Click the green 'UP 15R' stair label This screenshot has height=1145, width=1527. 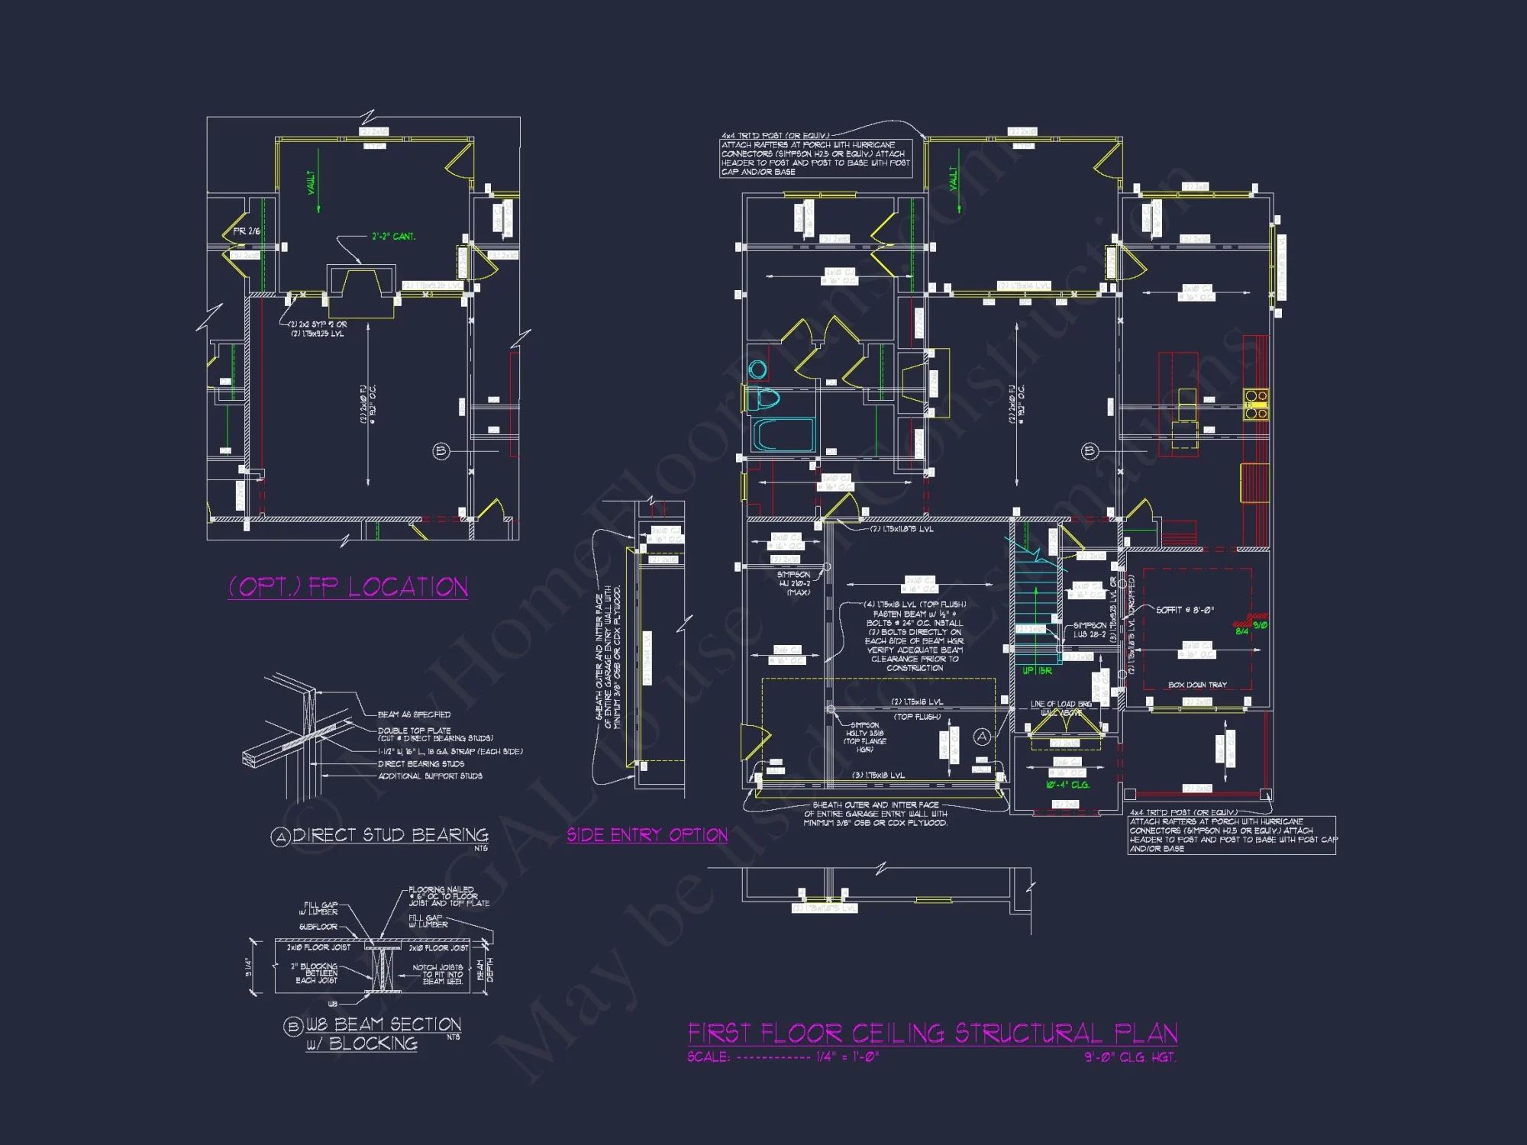tap(1037, 670)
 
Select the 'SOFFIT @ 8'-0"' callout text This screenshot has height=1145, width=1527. tap(1184, 610)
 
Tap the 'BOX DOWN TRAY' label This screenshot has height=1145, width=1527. tap(1196, 685)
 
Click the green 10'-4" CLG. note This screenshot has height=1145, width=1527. tap(1067, 785)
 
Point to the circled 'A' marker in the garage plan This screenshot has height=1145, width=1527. tap(982, 737)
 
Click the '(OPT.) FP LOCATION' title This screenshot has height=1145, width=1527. tap(348, 587)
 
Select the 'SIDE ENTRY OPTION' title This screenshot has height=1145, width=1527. tap(647, 835)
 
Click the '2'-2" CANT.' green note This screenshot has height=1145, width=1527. tap(393, 237)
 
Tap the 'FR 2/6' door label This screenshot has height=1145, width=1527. tap(247, 231)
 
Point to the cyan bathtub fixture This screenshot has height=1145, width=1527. tap(783, 435)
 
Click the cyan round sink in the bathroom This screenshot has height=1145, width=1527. tap(757, 369)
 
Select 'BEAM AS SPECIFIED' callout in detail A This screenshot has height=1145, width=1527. tap(414, 714)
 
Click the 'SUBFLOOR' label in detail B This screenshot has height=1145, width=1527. tap(318, 927)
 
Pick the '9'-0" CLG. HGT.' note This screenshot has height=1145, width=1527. tap(1130, 1057)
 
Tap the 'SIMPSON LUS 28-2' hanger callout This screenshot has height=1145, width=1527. tap(1089, 630)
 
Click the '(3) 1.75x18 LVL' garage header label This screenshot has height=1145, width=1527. tap(878, 776)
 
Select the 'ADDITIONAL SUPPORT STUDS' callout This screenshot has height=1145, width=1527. tap(430, 776)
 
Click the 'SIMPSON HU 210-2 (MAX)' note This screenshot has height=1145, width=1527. tap(794, 583)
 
